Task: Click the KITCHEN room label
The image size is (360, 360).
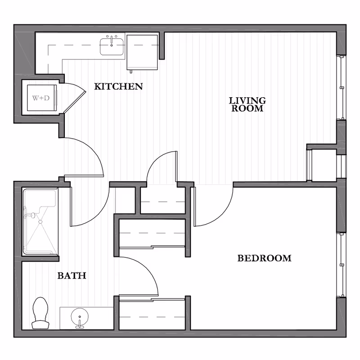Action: click(x=118, y=86)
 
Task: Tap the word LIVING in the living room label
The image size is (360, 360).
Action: click(x=247, y=100)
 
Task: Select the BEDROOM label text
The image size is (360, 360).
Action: click(x=264, y=258)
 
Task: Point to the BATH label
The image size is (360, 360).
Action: click(x=72, y=275)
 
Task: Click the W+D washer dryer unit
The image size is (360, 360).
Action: click(x=42, y=98)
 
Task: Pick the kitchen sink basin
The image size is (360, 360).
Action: click(x=112, y=47)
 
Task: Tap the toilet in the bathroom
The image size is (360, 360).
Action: click(x=40, y=313)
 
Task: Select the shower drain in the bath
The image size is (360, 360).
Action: click(x=40, y=221)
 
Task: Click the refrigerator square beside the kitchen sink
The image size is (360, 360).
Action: click(x=142, y=52)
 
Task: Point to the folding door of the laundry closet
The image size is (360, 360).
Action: click(x=74, y=98)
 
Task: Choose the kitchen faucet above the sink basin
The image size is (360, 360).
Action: click(x=112, y=40)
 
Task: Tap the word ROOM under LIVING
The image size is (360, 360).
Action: click(x=247, y=108)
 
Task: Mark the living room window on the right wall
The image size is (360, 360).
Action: click(x=342, y=87)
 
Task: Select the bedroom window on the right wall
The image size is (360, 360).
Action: click(x=342, y=265)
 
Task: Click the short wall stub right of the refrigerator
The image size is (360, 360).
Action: click(x=162, y=46)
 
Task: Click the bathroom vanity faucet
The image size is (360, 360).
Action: click(x=80, y=323)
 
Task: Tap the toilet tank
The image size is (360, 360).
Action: click(x=40, y=325)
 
